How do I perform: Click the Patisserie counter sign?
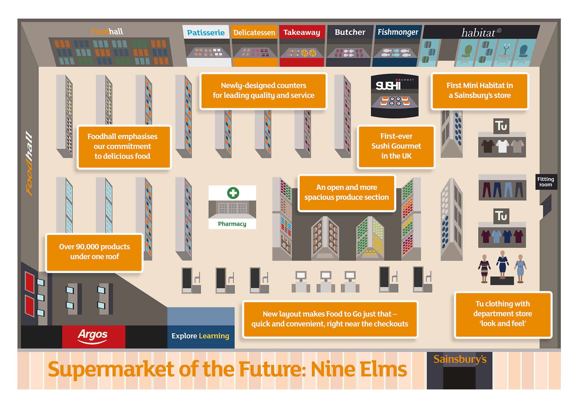pyautogui.click(x=206, y=32)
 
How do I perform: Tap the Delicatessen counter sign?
pyautogui.click(x=254, y=32)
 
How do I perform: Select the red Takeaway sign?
pyautogui.click(x=302, y=32)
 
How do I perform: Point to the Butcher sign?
pyautogui.click(x=350, y=32)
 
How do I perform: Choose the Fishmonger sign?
pyautogui.click(x=398, y=32)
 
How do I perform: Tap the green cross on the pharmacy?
pyautogui.click(x=233, y=193)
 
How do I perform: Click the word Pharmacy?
pyautogui.click(x=232, y=224)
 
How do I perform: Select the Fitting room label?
pyautogui.click(x=545, y=182)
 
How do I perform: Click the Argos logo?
pyautogui.click(x=93, y=336)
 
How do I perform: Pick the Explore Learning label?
pyautogui.click(x=200, y=336)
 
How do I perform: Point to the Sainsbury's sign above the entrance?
pyautogui.click(x=460, y=359)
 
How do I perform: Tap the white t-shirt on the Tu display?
pyautogui.click(x=502, y=146)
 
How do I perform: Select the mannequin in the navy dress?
pyautogui.click(x=502, y=265)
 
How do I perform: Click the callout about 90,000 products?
pyautogui.click(x=95, y=252)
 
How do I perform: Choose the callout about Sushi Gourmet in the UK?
pyautogui.click(x=396, y=146)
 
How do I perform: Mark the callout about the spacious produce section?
pyautogui.click(x=346, y=192)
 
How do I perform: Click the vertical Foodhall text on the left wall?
pyautogui.click(x=29, y=164)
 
